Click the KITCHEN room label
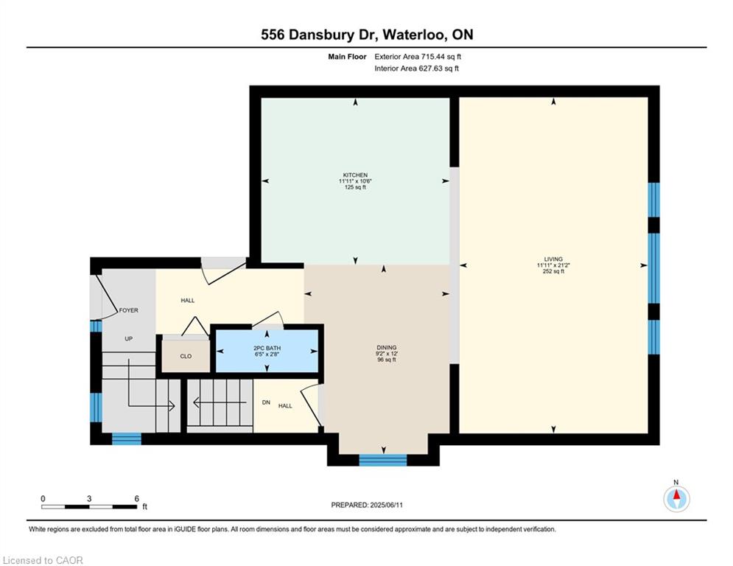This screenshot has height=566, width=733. pos(355,175)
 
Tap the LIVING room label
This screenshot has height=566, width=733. pos(553,259)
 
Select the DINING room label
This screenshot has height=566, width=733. pos(387,348)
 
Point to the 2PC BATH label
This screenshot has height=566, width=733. pos(267,349)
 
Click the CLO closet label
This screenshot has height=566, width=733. pos(186,357)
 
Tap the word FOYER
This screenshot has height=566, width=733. pos(129,310)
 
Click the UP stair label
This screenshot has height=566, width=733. pos(129,339)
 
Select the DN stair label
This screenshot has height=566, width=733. pos(266,402)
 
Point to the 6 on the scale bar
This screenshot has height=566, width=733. pos(136,499)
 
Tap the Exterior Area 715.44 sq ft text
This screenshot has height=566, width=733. pos(418,57)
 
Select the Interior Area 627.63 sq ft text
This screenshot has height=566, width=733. pos(416,69)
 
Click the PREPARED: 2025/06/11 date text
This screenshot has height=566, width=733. pos(367,505)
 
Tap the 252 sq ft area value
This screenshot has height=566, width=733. pos(553,271)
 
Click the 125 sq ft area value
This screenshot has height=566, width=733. pos(355,187)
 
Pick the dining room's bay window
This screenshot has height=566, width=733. pos(383,461)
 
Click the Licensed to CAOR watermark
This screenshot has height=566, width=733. pos(43,560)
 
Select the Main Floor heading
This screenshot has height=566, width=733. pos(347,57)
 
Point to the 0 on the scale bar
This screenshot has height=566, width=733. pos(43,499)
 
